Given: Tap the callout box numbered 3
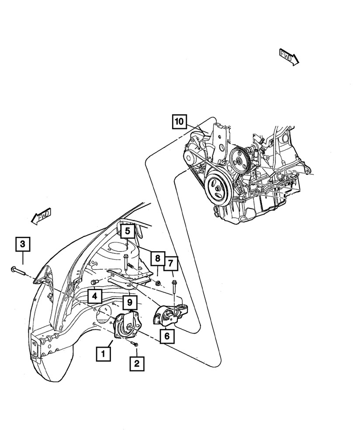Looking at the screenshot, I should tap(23, 244).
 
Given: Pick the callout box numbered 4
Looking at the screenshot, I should tap(94, 297).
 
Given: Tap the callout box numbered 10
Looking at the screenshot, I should tap(180, 121).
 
